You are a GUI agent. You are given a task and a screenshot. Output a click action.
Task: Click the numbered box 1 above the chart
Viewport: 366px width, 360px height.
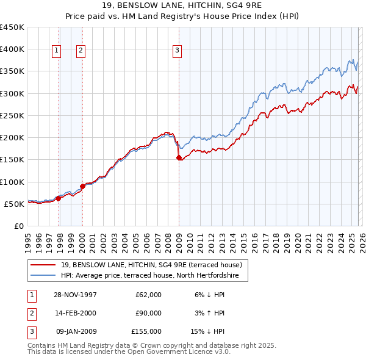(x=56, y=51)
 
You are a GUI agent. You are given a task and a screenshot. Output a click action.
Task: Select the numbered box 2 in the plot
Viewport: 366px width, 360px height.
(x=81, y=51)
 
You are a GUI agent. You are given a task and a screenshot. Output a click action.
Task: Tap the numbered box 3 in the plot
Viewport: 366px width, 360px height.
(x=177, y=51)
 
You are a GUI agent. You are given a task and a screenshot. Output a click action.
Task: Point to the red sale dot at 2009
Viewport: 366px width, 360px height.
(x=179, y=157)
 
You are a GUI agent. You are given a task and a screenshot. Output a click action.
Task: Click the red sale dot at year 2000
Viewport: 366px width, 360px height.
(x=82, y=186)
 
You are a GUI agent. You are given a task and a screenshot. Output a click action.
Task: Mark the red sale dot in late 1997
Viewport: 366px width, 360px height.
(x=59, y=198)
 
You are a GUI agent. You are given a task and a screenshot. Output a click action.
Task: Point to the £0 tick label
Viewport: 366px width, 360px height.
(x=19, y=226)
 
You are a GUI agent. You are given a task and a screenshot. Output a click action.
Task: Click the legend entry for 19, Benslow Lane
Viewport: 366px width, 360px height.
(x=151, y=265)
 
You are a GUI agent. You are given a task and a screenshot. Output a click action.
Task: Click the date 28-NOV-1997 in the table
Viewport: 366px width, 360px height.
(x=76, y=295)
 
